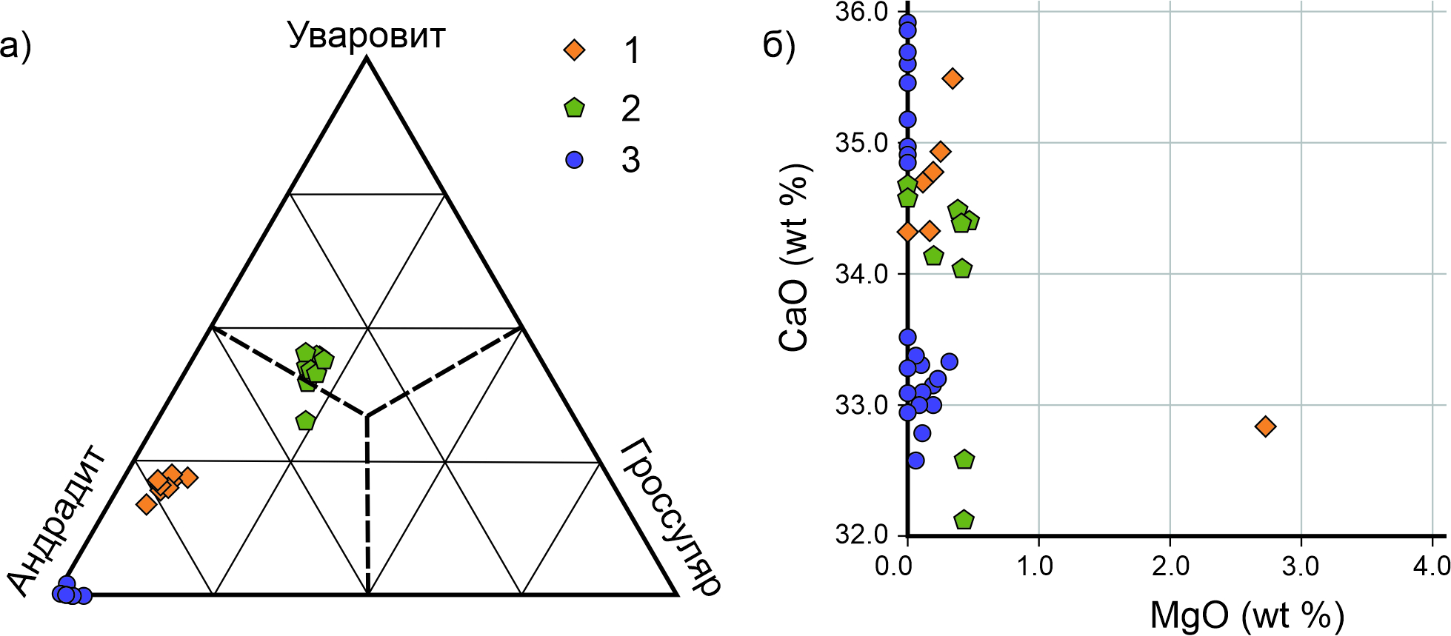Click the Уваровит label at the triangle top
(367, 35)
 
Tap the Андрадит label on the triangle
(59, 520)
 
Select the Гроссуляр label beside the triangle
(670, 517)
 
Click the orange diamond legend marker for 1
(574, 50)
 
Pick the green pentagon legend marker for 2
(574, 108)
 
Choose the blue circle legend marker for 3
(574, 159)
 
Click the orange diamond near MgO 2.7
(1266, 426)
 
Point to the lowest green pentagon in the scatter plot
(964, 520)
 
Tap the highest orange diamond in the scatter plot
(953, 78)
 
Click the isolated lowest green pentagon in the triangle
(305, 421)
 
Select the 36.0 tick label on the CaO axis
(861, 13)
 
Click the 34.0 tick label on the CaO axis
(861, 274)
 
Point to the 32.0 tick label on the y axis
(861, 535)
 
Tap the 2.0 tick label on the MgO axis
(1170, 566)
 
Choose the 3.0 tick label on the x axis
(1301, 566)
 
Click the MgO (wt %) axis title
(1247, 615)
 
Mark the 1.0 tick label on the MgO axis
(1038, 566)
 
